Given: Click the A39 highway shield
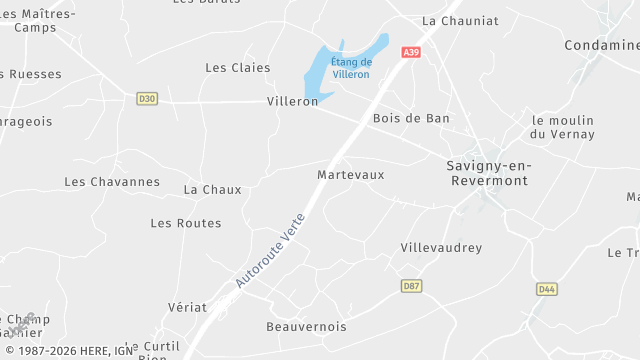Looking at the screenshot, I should tap(411, 52).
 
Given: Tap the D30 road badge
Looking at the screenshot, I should tap(147, 98).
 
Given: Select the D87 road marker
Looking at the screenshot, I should tap(410, 286).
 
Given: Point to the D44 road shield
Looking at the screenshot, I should tap(546, 289).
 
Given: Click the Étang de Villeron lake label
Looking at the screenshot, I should tap(351, 68).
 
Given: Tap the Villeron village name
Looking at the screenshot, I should tap(292, 102).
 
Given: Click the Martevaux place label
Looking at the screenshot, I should tap(350, 174).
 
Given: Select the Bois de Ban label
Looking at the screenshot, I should tap(410, 118).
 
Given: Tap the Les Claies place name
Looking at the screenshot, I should tap(238, 67).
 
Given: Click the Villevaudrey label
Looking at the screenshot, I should tap(441, 247).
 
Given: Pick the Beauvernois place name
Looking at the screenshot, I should tap(306, 327).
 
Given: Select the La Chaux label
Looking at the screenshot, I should tap(213, 189).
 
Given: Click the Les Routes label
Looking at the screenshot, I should tap(186, 223).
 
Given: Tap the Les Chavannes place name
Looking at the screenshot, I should tap(112, 182).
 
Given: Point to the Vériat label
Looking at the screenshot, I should tap(188, 307).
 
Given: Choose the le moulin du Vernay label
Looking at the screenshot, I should tap(563, 127).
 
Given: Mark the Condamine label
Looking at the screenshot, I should tap(601, 45).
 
